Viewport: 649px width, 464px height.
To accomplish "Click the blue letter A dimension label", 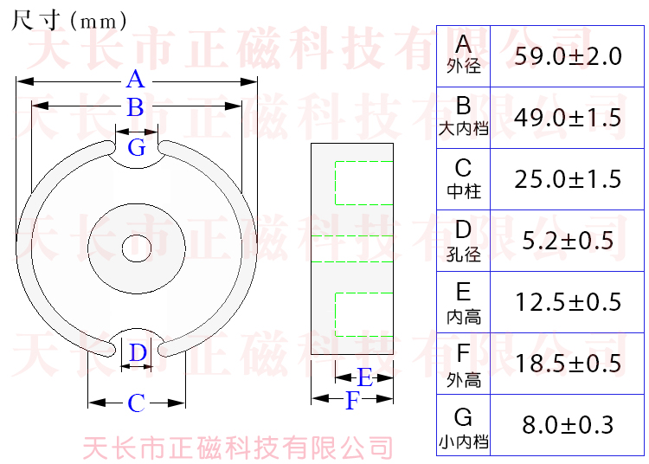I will [135, 81].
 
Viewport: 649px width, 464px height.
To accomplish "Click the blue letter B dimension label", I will [135, 108].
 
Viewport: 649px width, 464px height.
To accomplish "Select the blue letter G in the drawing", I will [137, 148].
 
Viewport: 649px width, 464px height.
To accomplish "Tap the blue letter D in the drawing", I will [138, 353].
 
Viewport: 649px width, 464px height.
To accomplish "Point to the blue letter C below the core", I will [137, 403].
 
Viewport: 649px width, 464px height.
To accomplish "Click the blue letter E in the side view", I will [364, 377].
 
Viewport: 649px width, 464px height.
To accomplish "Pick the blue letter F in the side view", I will [351, 401].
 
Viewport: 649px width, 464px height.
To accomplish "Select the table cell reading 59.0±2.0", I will [568, 56].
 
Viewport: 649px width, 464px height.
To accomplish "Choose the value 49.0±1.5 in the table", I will [568, 118].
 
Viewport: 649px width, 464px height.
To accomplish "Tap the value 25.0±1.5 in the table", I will [568, 179].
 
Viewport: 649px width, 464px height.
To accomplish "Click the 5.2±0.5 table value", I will [568, 241].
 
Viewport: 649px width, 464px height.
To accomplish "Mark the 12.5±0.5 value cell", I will [568, 302].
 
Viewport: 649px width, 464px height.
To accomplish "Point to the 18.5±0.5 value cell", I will [568, 364].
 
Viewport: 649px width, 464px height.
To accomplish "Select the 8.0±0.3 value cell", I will [568, 425].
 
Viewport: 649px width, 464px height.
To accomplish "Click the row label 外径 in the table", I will [464, 67].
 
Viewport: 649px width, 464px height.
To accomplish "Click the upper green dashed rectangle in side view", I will [363, 183].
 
